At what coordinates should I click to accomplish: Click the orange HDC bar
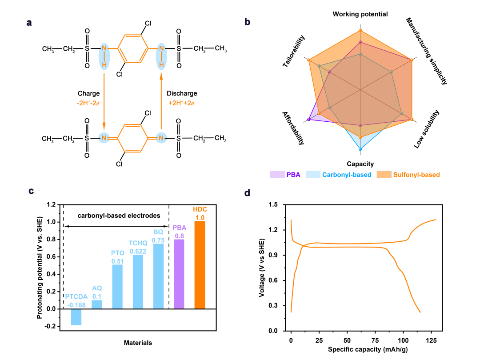click(x=200, y=265)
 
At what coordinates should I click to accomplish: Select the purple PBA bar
click(x=179, y=274)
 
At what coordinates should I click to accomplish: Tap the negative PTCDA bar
click(x=76, y=317)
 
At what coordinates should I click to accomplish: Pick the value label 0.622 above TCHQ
click(x=138, y=251)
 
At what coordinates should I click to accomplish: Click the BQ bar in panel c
click(x=158, y=276)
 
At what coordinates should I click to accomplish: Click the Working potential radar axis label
click(x=360, y=14)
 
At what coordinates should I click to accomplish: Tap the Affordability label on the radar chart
click(x=293, y=128)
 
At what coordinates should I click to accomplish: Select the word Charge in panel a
click(x=89, y=94)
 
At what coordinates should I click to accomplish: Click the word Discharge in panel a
click(x=182, y=94)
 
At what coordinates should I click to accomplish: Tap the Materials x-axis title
click(x=138, y=343)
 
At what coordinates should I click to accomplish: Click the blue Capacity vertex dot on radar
click(x=360, y=149)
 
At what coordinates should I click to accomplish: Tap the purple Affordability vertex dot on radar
click(x=308, y=120)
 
